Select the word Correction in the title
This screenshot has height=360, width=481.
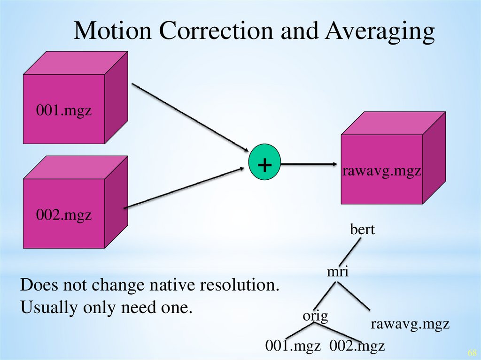click(214, 32)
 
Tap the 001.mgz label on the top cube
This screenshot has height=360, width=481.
click(64, 112)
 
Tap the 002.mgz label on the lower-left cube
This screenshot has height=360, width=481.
click(64, 216)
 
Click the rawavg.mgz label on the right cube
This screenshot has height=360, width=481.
click(381, 171)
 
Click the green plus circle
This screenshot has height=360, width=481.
click(264, 164)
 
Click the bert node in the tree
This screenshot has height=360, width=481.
click(362, 230)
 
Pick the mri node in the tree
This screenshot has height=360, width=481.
click(338, 271)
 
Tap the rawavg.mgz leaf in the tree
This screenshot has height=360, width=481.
click(411, 323)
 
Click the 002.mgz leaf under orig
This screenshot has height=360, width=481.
click(357, 346)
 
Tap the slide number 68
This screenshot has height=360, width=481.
click(472, 352)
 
